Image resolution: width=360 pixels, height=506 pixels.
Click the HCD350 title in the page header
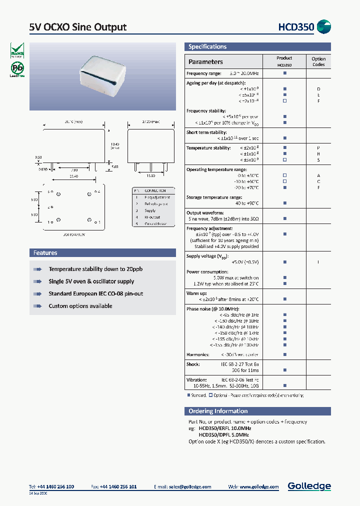pos(296,27)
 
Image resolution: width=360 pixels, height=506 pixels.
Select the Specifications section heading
pos(207,46)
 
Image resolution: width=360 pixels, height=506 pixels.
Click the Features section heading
pos(45,253)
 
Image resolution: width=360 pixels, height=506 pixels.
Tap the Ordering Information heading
pos(218,411)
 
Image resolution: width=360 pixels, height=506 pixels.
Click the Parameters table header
pos(205,61)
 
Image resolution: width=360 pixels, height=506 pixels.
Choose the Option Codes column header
pos(318,61)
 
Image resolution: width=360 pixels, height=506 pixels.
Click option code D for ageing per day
pos(318,88)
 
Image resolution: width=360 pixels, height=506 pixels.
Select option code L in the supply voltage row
pos(318,262)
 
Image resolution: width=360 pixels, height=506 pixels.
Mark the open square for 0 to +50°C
pos(284,175)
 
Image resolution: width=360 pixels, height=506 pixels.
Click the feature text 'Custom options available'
pos(80,306)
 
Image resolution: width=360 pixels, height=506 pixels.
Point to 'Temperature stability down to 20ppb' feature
pos(95,269)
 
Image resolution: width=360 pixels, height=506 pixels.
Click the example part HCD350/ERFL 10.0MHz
pos(224,428)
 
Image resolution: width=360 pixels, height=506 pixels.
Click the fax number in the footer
pos(118,486)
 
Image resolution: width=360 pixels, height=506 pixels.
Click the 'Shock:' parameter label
pos(193,364)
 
